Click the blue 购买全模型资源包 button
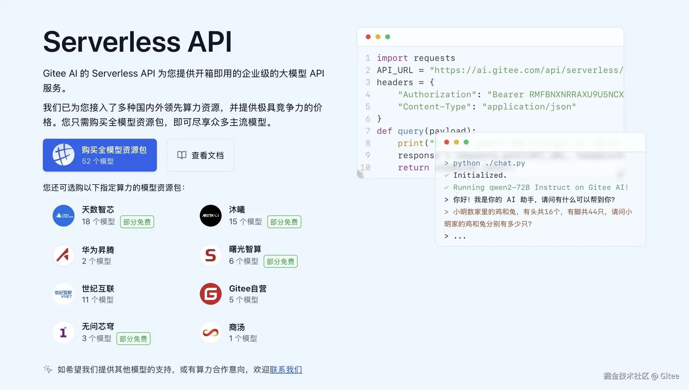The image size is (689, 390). [100, 155]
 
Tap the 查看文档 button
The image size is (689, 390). [200, 155]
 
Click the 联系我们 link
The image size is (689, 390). [286, 370]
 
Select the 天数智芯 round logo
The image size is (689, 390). [64, 216]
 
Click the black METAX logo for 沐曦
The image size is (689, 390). [211, 216]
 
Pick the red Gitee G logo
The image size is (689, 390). [211, 294]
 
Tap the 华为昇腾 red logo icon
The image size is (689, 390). [64, 255]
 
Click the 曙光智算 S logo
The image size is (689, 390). [211, 255]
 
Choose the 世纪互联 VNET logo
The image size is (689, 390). [64, 294]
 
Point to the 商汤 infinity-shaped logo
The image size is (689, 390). [211, 333]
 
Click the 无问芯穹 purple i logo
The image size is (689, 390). [64, 333]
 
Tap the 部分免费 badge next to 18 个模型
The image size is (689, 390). [137, 222]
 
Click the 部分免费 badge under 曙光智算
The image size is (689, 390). [280, 261]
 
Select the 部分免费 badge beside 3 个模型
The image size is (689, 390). [133, 339]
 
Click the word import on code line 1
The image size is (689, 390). [392, 58]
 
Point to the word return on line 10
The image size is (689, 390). [413, 168]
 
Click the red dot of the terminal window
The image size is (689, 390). [447, 142]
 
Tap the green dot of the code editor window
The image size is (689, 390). [388, 37]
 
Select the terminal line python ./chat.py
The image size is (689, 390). [489, 163]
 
